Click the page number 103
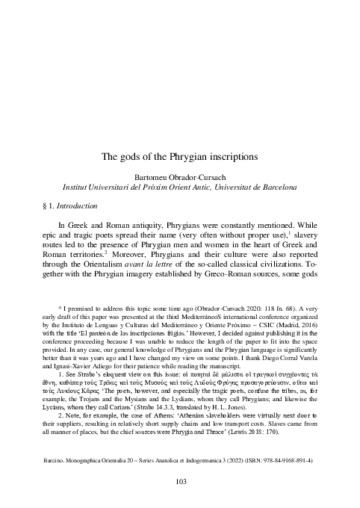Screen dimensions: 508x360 pyautogui.click(x=180, y=481)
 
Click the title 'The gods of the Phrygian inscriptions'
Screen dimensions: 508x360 pyautogui.click(x=180, y=158)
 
